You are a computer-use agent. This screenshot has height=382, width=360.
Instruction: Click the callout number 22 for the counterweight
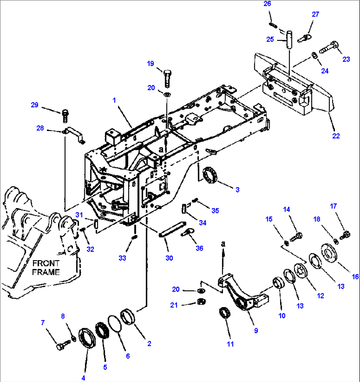coord(336,136)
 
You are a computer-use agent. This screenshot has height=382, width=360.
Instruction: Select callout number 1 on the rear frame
coord(114,100)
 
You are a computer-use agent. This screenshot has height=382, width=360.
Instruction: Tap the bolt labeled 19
coord(167,78)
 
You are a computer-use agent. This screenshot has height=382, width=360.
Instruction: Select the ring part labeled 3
coord(210,174)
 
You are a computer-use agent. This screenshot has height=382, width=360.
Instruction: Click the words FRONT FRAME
coord(46,268)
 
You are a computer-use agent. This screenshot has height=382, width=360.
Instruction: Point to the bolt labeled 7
coord(62,346)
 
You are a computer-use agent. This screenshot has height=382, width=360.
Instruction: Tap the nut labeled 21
coord(200,301)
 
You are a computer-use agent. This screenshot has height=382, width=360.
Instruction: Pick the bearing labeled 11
coord(225,313)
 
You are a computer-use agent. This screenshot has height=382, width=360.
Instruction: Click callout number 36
coord(199,248)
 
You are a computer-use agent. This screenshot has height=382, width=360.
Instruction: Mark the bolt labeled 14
coord(296,236)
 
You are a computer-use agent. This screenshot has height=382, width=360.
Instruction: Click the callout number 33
coord(122,258)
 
